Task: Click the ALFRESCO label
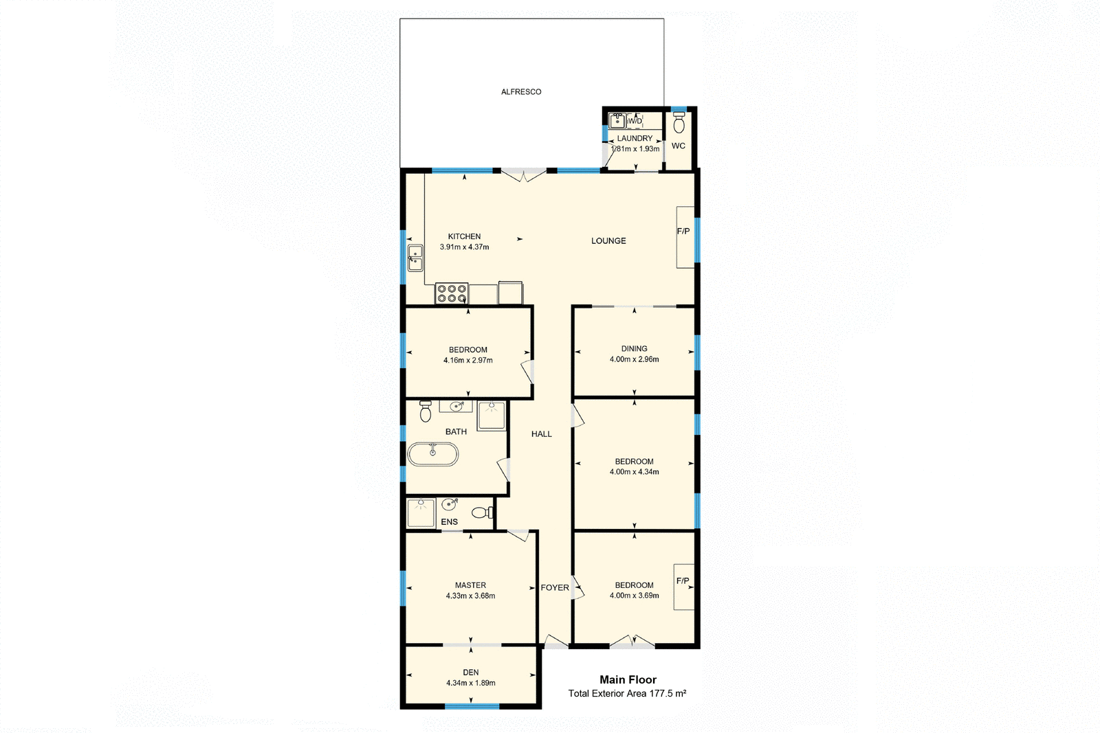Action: [521, 91]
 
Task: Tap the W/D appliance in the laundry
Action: [635, 122]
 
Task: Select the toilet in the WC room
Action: [679, 123]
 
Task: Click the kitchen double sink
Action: [415, 258]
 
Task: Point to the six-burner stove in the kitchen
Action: [452, 293]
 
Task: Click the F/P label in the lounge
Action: [683, 232]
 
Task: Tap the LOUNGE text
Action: [608, 241]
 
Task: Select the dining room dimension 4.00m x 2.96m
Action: [634, 359]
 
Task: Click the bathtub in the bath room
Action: [433, 454]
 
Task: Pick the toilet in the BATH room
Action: [426, 411]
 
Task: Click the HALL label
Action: [542, 434]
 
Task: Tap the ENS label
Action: [449, 522]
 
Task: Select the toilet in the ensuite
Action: [483, 512]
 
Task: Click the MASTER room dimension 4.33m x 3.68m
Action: [470, 596]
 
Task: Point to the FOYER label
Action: [555, 588]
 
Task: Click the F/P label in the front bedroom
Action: [683, 581]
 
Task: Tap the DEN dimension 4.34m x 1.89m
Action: [471, 683]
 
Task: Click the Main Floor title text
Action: [628, 679]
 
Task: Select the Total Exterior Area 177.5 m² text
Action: [627, 694]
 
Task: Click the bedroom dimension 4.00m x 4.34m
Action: [634, 472]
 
